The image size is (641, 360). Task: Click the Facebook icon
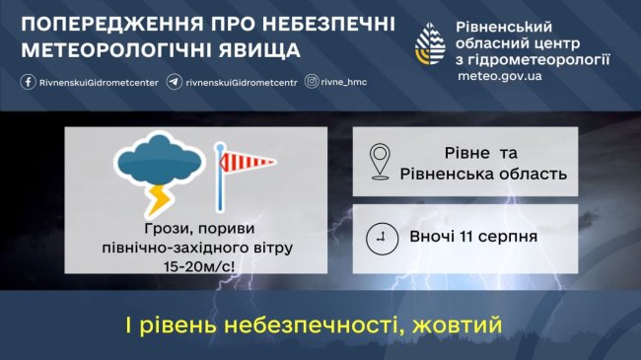pos(28,82)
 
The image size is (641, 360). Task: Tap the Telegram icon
pos(175,82)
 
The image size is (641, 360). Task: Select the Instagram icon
pos(312,82)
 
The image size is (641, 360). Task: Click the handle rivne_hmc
pos(344,82)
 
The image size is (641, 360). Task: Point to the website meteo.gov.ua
pos(500,76)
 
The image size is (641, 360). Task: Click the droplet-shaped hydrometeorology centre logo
pos(430,43)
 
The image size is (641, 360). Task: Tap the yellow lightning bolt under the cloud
pos(158,200)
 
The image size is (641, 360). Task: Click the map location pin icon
pos(380,161)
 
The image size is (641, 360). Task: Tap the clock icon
pos(382,239)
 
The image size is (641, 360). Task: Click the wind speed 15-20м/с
pos(199,266)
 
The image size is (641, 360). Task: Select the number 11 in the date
pos(466,237)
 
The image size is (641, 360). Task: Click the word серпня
pos(507,238)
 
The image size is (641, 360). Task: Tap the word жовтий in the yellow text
pos(457,325)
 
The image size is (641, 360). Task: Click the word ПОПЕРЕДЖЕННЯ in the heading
pos(112,25)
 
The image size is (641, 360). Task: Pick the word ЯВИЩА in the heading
pos(259,50)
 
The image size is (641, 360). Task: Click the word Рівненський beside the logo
pos(504,27)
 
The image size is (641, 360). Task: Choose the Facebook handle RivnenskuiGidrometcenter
pos(99,83)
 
